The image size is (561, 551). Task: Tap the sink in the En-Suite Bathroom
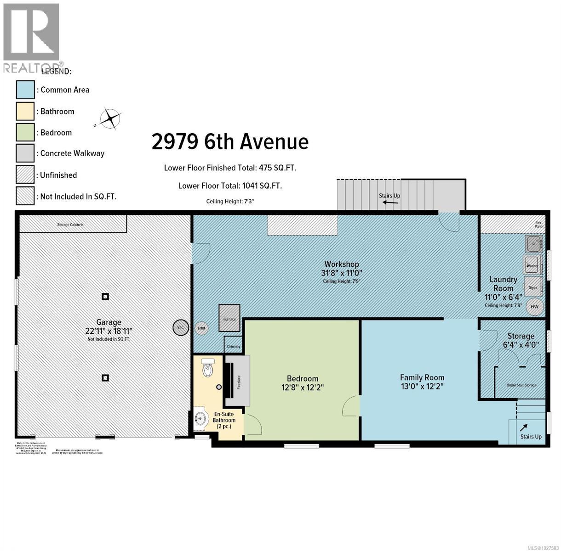coord(200,418)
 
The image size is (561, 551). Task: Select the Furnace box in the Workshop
coord(229,318)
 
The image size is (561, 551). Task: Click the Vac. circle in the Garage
coord(180,327)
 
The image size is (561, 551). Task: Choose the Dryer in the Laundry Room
coord(532,287)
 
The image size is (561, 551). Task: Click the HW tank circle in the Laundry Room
coord(534,307)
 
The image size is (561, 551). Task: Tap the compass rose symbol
coord(111,118)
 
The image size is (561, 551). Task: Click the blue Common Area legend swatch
coord(25,90)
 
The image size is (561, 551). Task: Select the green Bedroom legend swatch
coord(25,132)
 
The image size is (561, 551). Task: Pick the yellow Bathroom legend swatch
coord(25,111)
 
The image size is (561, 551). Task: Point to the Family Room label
coord(422,378)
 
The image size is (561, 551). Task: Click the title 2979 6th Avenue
coord(230,141)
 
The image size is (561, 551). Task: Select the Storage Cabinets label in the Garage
coord(70,225)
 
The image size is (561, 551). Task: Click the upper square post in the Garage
coord(105,297)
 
